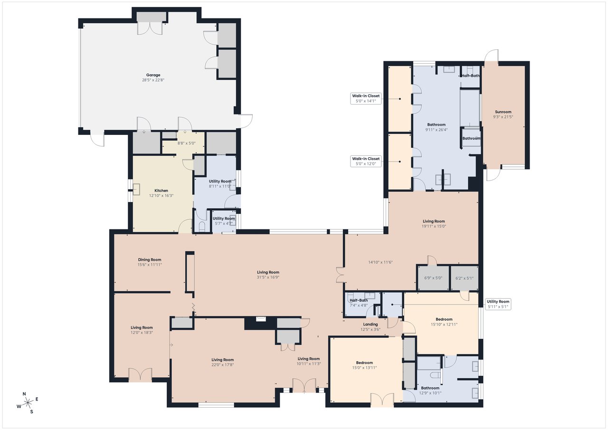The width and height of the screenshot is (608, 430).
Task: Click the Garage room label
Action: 153,75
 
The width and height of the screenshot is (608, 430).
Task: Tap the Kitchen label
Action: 161,191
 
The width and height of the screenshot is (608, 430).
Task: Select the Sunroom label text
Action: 503,112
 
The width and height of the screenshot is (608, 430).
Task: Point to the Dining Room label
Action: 150,259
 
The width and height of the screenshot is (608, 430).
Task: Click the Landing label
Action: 370,325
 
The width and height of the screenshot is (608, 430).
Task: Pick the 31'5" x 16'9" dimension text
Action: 268,277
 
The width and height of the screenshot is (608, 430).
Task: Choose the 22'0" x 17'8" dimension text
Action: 223,365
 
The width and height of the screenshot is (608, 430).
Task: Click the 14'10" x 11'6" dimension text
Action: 380,262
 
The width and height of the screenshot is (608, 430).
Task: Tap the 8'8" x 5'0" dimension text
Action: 187,143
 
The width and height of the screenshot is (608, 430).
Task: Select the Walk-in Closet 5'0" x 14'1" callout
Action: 366,98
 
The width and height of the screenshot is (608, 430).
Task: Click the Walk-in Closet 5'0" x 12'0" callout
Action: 366,161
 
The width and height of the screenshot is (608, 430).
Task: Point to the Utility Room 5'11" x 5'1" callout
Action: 498,304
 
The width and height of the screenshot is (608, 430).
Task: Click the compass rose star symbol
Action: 28,402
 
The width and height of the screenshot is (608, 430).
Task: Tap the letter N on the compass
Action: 24,394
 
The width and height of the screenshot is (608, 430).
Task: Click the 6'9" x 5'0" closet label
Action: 433,278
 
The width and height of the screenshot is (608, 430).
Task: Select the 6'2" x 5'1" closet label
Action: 465,278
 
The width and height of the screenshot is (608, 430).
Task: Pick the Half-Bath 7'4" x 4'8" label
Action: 359,303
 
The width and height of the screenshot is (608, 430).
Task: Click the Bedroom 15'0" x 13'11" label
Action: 364,365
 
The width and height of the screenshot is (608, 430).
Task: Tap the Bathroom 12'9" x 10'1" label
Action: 430,391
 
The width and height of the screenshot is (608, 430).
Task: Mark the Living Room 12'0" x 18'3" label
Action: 142,330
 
